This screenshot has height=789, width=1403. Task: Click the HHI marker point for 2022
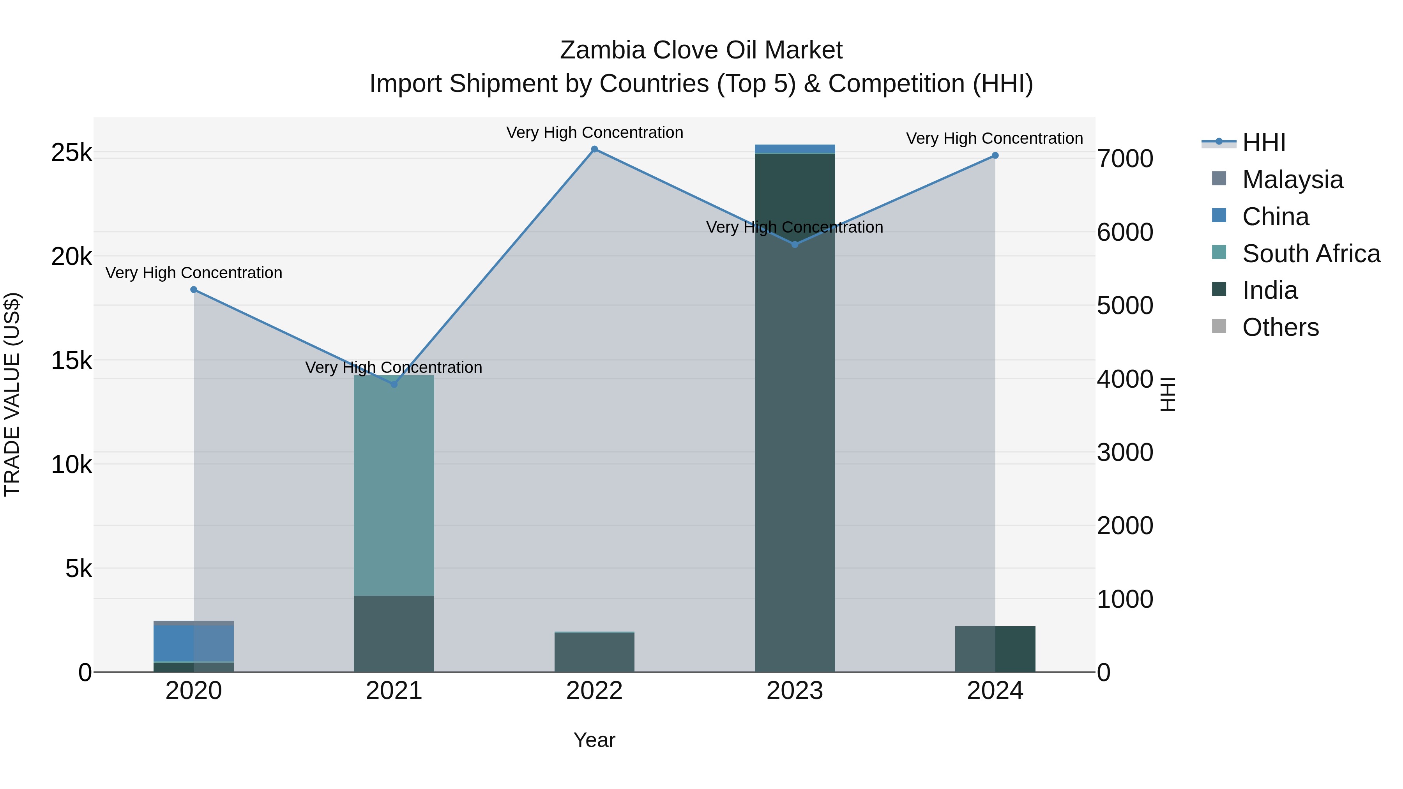[594, 149]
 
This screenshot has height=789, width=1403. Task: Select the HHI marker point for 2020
[194, 289]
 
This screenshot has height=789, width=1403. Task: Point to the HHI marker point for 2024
[995, 156]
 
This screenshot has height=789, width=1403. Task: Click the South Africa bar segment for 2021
[394, 485]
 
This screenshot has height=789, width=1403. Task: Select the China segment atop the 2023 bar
[795, 149]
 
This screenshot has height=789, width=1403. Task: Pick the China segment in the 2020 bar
[174, 643]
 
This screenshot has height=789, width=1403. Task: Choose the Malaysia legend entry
[1292, 180]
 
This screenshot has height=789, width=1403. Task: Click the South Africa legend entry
[1310, 254]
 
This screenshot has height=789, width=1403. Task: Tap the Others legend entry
[1280, 328]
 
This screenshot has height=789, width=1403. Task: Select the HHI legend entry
[1263, 143]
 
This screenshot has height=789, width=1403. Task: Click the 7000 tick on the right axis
[1125, 159]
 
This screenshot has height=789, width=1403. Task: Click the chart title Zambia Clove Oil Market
[701, 50]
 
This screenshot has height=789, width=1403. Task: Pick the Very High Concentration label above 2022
[594, 132]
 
